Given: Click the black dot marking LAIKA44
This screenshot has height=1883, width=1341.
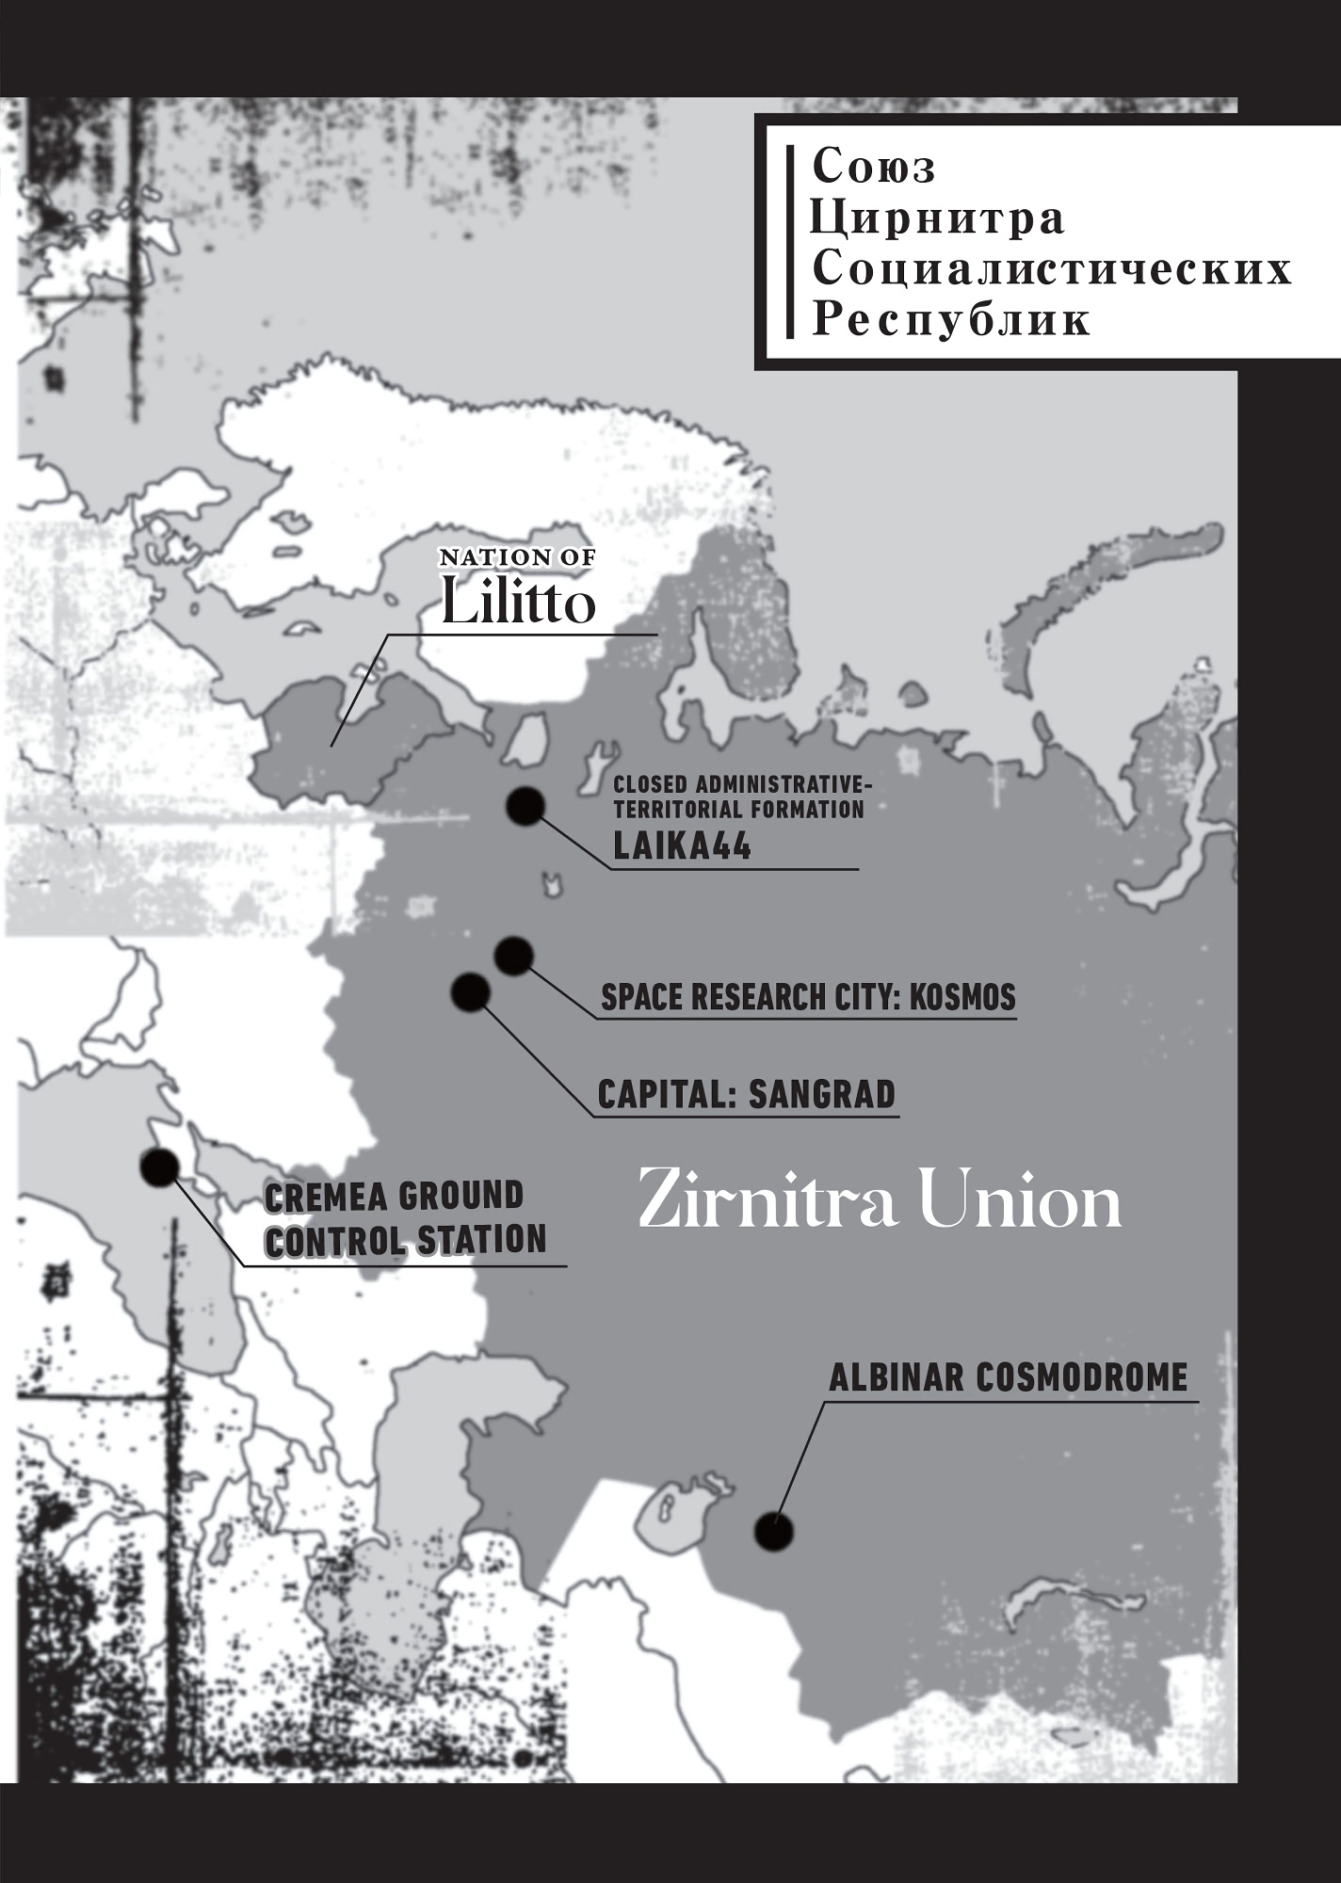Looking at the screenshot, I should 525,806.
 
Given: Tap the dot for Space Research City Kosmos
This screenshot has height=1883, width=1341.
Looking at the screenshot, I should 513,957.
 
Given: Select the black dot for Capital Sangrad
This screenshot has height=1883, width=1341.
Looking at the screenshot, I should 471,992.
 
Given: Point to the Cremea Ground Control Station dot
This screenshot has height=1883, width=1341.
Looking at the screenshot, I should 159,1167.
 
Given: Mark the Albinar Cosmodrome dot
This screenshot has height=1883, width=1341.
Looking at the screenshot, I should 774,1533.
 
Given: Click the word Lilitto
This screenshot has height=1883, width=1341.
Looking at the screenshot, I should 518,604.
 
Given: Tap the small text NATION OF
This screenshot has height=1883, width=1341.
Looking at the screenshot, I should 518,558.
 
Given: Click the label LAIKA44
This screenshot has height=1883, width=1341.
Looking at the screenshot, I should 682,847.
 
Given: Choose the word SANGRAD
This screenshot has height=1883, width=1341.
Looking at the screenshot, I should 821,1095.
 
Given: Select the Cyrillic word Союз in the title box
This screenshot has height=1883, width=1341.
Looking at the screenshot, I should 873,168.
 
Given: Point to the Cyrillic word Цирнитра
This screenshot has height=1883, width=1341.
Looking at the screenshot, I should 937,218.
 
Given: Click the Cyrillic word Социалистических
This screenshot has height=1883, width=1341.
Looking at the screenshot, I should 1051,269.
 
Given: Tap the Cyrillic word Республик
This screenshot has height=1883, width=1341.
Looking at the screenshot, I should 951,320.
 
